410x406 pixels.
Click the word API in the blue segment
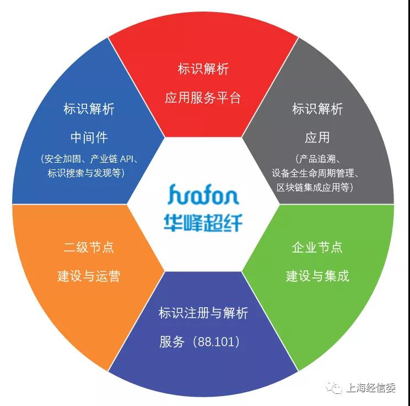click(x=126, y=159)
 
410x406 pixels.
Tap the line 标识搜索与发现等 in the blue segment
click(x=87, y=173)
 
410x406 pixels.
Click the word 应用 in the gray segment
click(x=317, y=137)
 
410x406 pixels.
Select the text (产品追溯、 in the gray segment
click(x=317, y=159)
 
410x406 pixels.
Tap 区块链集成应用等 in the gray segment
click(x=317, y=187)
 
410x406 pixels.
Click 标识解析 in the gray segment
click(x=317, y=109)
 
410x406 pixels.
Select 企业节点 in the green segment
click(x=317, y=248)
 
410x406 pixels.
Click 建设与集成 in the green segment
click(x=317, y=276)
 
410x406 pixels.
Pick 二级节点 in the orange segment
click(x=89, y=248)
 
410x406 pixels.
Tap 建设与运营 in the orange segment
click(x=89, y=276)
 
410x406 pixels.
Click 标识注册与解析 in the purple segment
click(x=203, y=313)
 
